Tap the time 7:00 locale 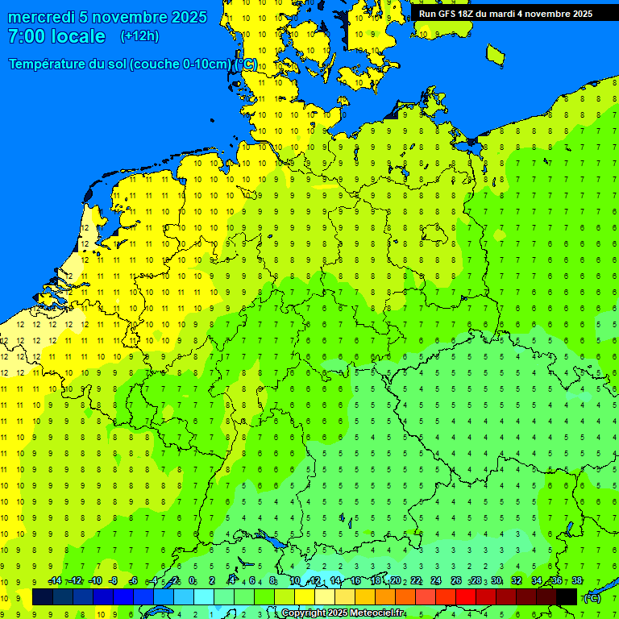pos(56,36)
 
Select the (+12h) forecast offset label pos(139,36)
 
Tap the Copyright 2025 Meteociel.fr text pos(343,613)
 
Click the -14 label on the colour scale pos(55,581)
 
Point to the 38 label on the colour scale pos(576,581)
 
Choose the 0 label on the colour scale pos(192,581)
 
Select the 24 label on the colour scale pos(436,581)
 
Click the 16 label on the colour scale pos(355,581)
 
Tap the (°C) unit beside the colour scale pos(592,597)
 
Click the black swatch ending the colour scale pos(567,596)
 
